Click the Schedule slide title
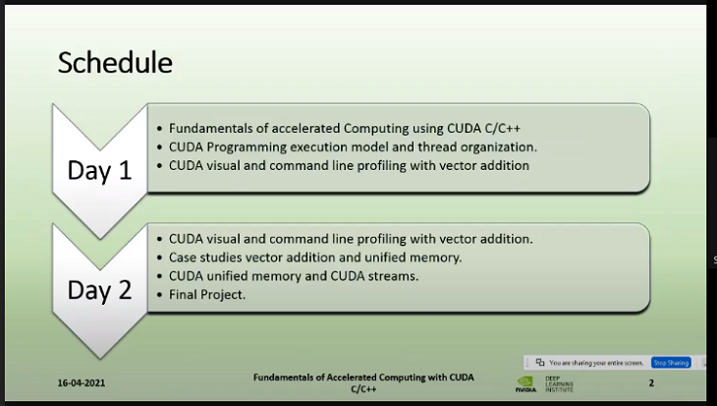tap(115, 63)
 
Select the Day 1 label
tap(98, 169)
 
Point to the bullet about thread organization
tap(353, 146)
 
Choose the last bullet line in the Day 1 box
tap(349, 165)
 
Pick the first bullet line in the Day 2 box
tap(351, 238)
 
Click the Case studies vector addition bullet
tap(329, 257)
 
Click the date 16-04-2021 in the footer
tap(83, 383)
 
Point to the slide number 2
tap(651, 382)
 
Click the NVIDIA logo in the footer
tap(525, 383)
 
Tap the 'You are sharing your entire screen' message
tap(597, 362)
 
